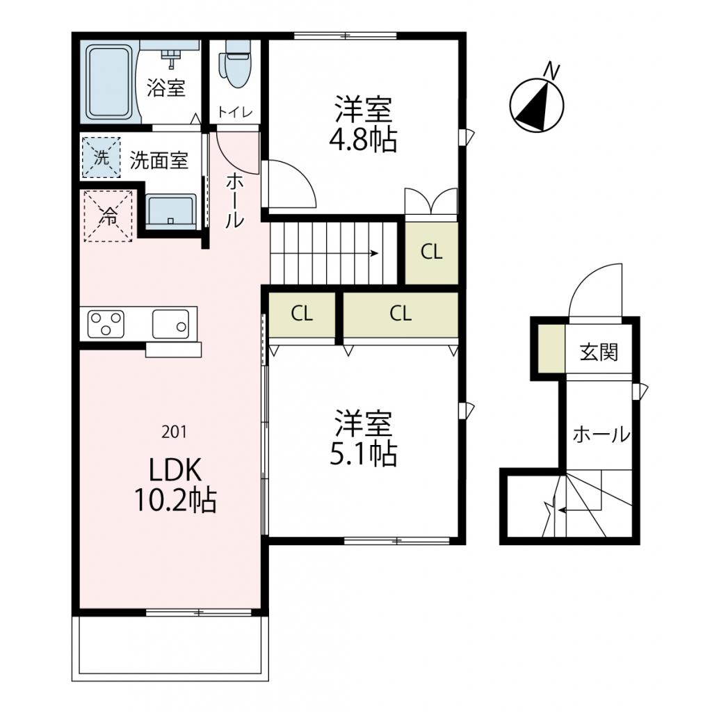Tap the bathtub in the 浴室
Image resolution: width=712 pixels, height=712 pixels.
[x=108, y=81]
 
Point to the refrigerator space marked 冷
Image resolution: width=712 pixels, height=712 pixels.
[x=108, y=216]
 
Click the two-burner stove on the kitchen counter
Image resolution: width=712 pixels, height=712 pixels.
[x=106, y=324]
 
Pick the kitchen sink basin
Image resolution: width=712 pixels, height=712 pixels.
[x=170, y=324]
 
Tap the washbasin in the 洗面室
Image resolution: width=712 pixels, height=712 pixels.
[x=170, y=211]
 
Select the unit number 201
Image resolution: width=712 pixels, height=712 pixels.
[x=173, y=432]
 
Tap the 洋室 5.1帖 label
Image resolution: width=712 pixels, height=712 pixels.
[x=362, y=438]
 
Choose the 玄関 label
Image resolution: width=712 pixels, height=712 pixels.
[x=598, y=353]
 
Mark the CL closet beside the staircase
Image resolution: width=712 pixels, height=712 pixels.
[x=431, y=252]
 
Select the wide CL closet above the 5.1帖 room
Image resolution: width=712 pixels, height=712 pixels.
[x=400, y=314]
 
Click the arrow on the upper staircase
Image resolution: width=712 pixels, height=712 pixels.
[x=373, y=253]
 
